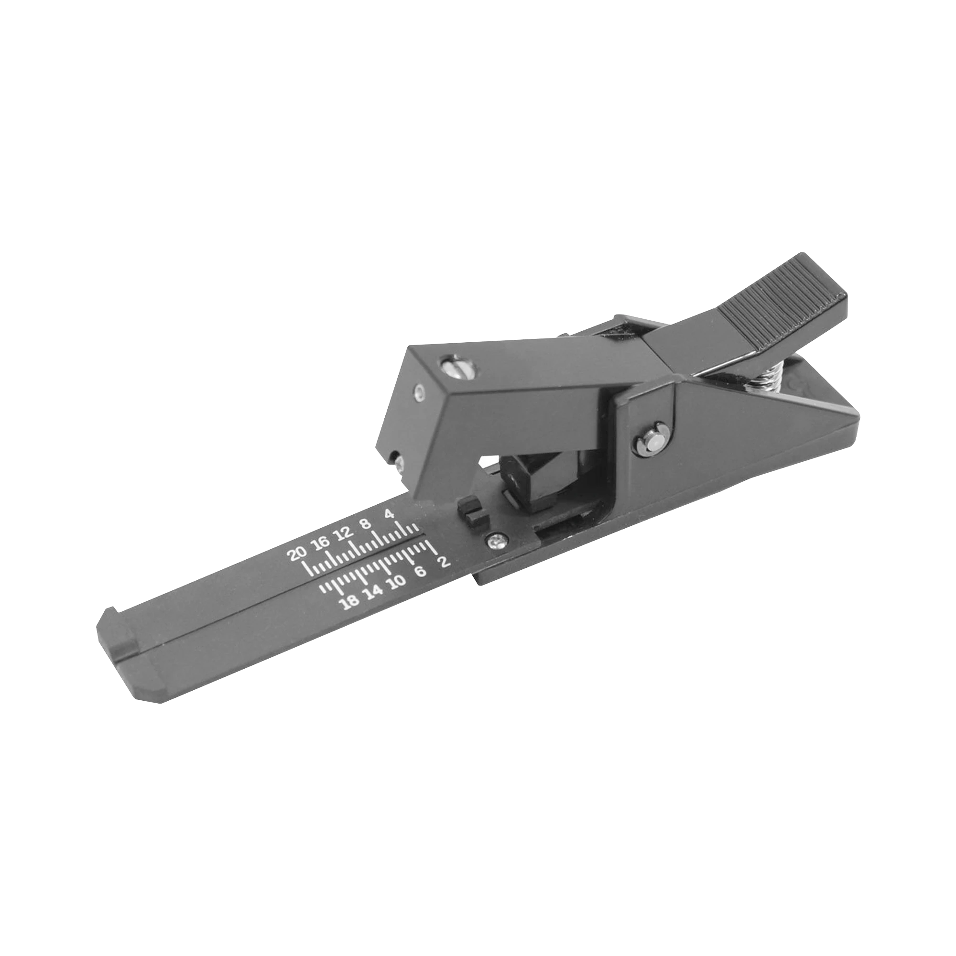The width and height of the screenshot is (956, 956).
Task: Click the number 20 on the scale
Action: coord(299,554)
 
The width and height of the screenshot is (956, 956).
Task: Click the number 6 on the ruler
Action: coord(420,572)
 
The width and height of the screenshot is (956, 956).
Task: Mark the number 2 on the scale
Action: coord(444,562)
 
